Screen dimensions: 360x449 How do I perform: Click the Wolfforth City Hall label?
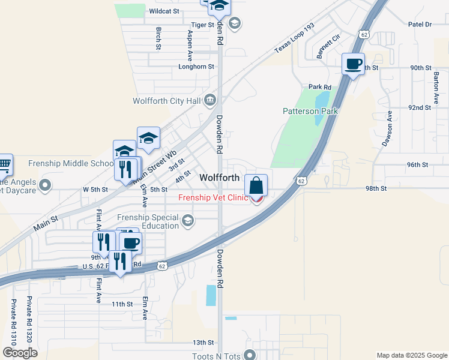point(167,101)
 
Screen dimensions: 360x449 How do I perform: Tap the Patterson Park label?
point(310,111)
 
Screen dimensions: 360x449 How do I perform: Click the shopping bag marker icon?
point(256,186)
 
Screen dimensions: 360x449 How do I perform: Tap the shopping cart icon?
point(4,163)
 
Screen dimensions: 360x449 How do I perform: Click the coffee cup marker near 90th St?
point(353,64)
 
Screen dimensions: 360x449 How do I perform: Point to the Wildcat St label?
point(164,11)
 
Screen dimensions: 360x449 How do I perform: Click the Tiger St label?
point(202,25)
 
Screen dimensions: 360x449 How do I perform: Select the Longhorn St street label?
point(196,67)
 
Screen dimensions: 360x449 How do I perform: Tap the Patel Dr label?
point(420,25)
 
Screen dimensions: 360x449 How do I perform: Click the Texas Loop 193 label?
point(294,38)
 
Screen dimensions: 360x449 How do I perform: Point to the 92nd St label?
point(420,107)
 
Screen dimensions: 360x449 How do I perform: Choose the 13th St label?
point(203,343)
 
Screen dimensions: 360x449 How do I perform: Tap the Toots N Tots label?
point(216,356)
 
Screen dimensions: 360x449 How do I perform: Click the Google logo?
point(20,353)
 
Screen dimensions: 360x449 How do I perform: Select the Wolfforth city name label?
point(219,178)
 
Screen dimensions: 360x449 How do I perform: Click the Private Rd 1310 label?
point(12,321)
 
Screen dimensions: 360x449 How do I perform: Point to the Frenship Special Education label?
point(148,221)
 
